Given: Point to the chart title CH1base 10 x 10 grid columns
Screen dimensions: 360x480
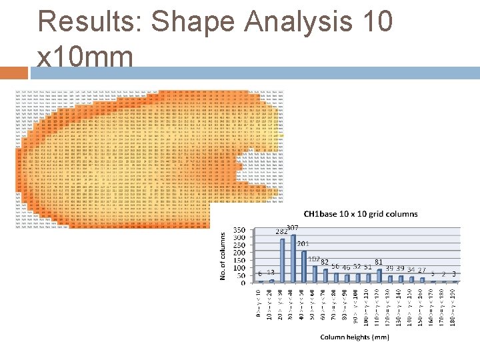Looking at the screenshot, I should [361, 214].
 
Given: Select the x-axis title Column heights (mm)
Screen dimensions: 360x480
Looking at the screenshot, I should [355, 337].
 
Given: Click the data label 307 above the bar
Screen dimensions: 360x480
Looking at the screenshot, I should [293, 228].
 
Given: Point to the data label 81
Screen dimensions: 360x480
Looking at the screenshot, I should [379, 262].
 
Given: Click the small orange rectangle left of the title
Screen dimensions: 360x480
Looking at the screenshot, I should [14, 73].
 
